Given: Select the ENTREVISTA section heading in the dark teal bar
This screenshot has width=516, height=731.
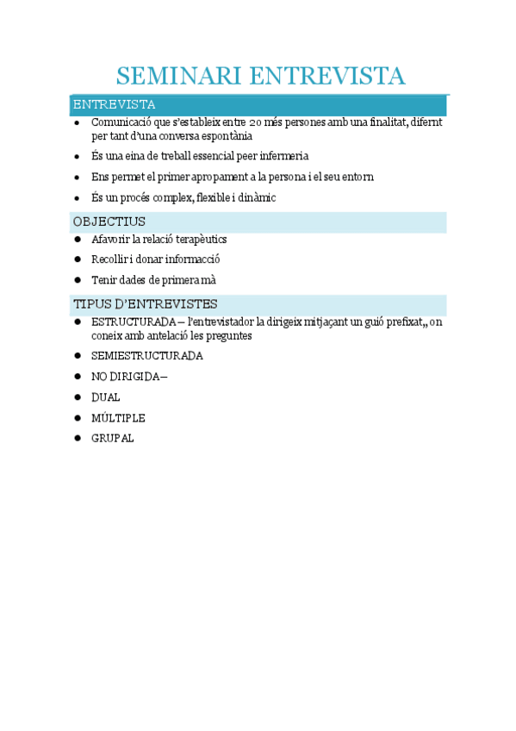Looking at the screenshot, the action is (114, 105).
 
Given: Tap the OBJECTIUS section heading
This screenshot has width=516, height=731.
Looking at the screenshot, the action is (109, 222).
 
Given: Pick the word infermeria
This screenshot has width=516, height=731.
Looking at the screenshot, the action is (279, 156).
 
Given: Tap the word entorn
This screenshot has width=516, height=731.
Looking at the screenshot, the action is (357, 177).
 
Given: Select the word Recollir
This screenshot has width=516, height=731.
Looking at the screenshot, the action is (109, 259).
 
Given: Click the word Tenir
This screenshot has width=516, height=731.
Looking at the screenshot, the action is (104, 280).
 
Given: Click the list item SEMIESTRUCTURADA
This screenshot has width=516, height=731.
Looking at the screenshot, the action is (146, 355).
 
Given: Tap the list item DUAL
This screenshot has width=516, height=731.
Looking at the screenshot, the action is (105, 397).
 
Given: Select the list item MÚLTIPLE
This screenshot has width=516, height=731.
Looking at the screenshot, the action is (118, 418).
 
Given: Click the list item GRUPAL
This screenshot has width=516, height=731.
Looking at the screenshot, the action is (112, 439).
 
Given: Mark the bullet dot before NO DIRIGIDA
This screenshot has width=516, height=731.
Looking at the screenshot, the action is (78, 377).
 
